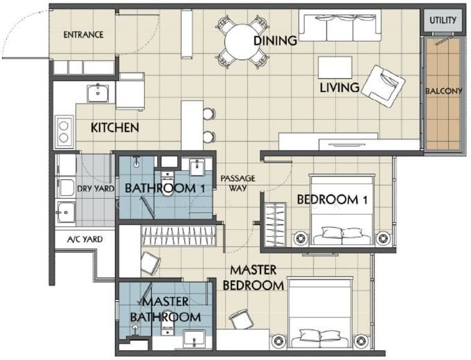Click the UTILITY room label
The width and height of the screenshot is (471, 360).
443,20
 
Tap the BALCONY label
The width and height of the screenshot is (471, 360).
443,91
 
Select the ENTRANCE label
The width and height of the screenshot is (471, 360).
83,35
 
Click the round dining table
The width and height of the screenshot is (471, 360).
242,42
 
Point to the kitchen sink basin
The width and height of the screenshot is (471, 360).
98,93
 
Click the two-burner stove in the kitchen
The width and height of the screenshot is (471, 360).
64,131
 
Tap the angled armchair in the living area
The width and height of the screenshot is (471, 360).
383,86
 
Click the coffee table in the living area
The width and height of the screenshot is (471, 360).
335,68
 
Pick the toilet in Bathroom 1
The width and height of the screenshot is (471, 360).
167,184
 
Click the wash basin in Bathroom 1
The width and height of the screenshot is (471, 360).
197,167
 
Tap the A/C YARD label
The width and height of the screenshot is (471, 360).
85,239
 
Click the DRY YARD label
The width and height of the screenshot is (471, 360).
96,189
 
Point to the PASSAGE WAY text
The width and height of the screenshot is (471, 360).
238,183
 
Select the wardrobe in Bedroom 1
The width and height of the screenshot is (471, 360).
275,224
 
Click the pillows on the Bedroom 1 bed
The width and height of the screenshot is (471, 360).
342,233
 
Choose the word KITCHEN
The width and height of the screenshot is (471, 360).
115,128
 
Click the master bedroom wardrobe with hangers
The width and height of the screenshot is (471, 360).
179,236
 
